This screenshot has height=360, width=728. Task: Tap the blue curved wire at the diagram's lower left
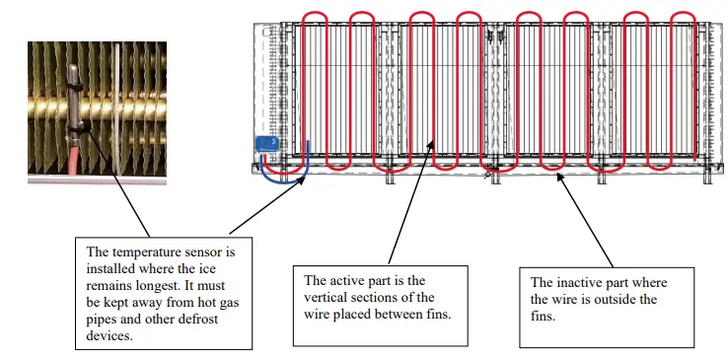coord(291,178)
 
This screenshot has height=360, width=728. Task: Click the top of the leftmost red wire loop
coord(315,14)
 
